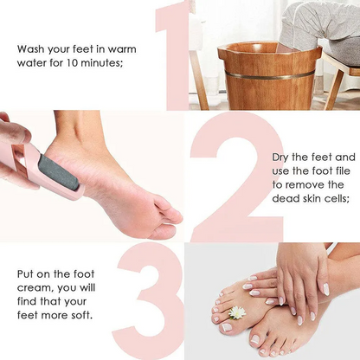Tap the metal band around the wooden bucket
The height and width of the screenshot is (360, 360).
tap(269, 76)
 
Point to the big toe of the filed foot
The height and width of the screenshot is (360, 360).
tap(170, 214)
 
